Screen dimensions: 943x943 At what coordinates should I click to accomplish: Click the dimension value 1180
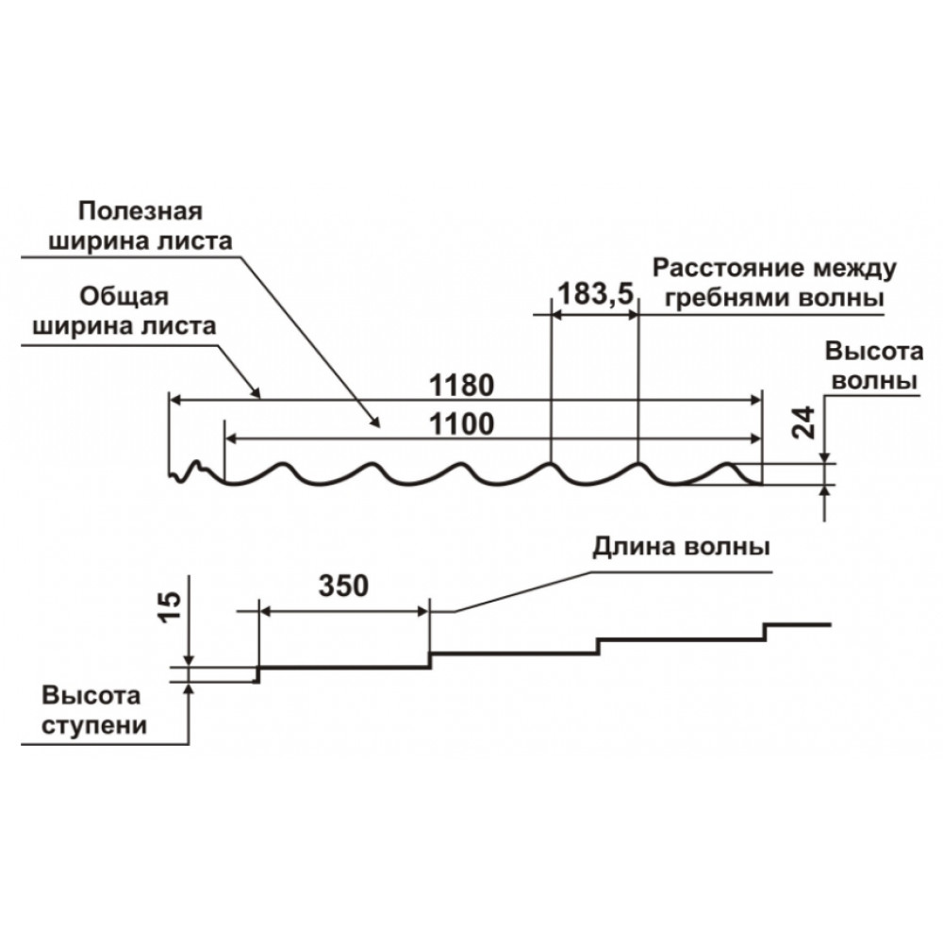(461, 386)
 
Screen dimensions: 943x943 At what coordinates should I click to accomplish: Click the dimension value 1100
(461, 424)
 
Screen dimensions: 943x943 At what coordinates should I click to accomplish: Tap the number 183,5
(596, 294)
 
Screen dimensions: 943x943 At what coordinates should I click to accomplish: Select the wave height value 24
(804, 422)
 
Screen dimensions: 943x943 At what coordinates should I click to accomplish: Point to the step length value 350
(343, 586)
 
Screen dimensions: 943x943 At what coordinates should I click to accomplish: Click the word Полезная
(141, 211)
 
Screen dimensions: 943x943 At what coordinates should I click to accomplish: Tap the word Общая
(124, 297)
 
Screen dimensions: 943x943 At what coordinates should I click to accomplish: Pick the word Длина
(634, 548)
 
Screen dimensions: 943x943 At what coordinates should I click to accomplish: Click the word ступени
(94, 725)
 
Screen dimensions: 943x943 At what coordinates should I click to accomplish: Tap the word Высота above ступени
(91, 696)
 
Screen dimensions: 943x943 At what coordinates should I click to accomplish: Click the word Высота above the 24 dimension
(874, 351)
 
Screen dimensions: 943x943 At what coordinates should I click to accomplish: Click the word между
(854, 269)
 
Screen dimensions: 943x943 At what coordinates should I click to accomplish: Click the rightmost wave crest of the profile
(728, 464)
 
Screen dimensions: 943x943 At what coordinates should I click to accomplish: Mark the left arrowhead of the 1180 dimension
(175, 399)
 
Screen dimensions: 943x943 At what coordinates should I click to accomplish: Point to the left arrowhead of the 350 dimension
(265, 612)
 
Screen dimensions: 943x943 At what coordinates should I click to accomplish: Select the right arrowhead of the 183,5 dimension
(632, 315)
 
